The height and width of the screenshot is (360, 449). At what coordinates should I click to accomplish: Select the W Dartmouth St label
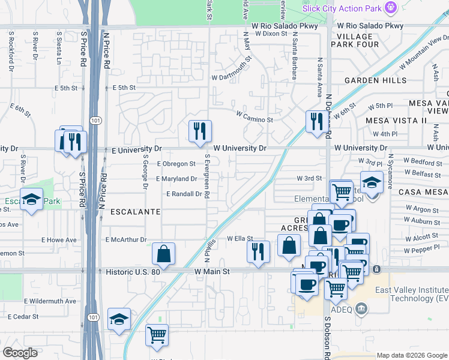point(232,77)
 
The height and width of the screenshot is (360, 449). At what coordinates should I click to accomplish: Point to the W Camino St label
point(255,119)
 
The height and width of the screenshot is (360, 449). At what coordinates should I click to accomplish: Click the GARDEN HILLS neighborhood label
point(376,80)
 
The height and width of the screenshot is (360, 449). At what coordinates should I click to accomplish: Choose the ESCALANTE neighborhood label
point(134,212)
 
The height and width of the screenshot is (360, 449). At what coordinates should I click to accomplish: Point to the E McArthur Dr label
point(126,240)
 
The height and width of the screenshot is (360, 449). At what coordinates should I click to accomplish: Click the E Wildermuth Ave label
point(50,301)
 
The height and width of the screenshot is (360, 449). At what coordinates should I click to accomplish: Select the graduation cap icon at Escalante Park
point(31,199)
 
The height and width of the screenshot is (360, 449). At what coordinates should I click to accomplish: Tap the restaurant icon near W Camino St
point(315,121)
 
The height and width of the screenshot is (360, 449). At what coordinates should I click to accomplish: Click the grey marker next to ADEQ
point(361,309)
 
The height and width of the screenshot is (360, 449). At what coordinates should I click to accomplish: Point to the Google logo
point(20,353)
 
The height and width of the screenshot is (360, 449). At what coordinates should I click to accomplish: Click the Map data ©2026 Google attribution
point(412,355)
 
